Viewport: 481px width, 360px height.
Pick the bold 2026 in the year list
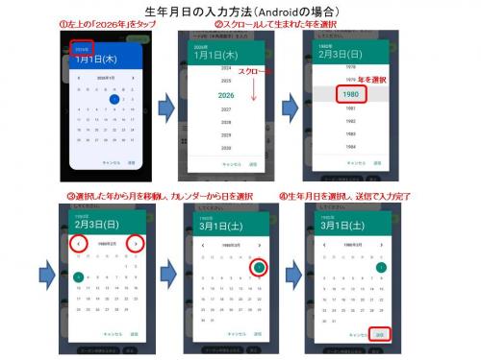tap(226, 95)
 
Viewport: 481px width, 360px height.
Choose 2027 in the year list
tap(226, 109)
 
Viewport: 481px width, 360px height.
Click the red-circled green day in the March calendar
tap(259, 267)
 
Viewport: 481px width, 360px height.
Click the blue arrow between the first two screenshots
tap(163, 104)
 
